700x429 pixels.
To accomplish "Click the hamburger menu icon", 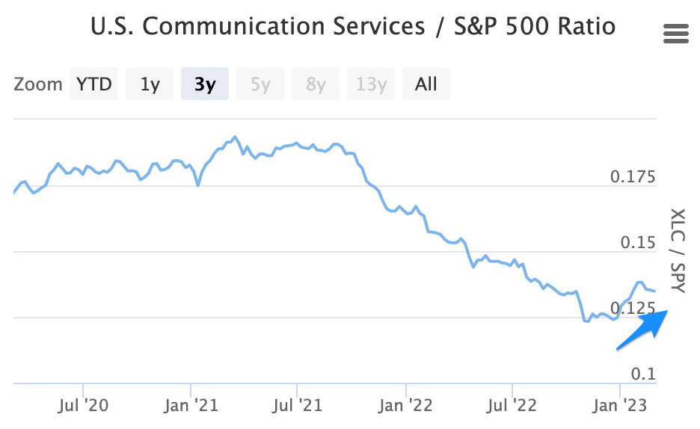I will coord(675,34).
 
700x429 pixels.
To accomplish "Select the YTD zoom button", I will coord(93,84).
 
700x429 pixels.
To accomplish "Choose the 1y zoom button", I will coord(150,84).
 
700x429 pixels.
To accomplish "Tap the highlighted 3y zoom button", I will coord(205,84).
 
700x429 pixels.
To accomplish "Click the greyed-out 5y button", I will coord(260,84).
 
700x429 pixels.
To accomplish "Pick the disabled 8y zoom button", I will coord(316,84).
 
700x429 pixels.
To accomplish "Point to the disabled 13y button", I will coord(371,84).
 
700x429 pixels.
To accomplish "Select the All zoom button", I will coord(426,84).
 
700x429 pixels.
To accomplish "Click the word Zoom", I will coord(38,84).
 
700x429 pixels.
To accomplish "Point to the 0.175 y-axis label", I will coord(633,178).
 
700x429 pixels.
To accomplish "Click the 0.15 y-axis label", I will coord(638,243).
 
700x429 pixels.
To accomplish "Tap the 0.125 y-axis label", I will coord(633,308).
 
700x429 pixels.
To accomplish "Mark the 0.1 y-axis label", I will coord(643,373).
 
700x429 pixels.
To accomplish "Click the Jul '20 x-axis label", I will coord(83,406).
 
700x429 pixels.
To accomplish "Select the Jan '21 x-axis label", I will coord(192,406).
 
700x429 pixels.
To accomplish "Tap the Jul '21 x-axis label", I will coord(298,406).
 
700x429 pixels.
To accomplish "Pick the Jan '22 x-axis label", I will coord(405,406).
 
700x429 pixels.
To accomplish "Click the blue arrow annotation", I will coord(641,330).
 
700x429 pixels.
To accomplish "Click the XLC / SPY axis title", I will coord(677,250).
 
